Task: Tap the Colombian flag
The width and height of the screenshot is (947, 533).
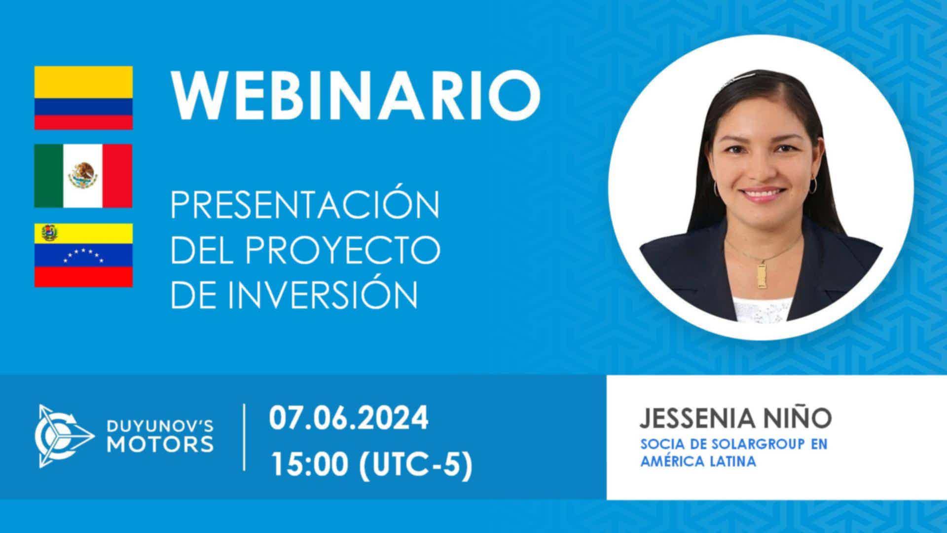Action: click(83, 98)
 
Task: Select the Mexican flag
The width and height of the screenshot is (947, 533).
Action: click(83, 176)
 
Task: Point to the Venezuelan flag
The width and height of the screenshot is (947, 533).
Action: click(83, 255)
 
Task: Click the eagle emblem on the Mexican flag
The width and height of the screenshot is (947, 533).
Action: click(83, 176)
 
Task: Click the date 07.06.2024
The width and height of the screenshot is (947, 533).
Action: click(349, 419)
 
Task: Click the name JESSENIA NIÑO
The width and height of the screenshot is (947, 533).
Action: click(735, 418)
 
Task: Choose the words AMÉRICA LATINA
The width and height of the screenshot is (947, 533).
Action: click(698, 462)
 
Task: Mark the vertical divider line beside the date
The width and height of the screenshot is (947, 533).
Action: click(245, 437)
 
